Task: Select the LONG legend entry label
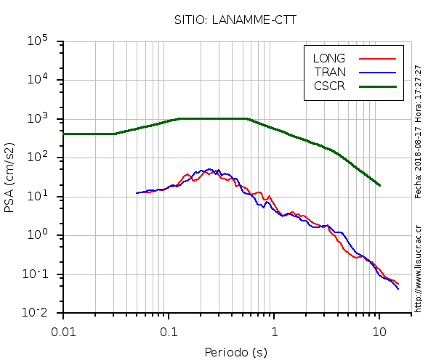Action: [329, 58]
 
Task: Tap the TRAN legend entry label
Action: [329, 72]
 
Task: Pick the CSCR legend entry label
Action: [329, 86]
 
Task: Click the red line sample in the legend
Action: [377, 58]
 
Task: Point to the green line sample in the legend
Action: [377, 86]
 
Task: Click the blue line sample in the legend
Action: [377, 72]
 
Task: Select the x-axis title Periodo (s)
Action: [235, 353]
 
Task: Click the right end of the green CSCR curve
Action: [379, 185]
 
